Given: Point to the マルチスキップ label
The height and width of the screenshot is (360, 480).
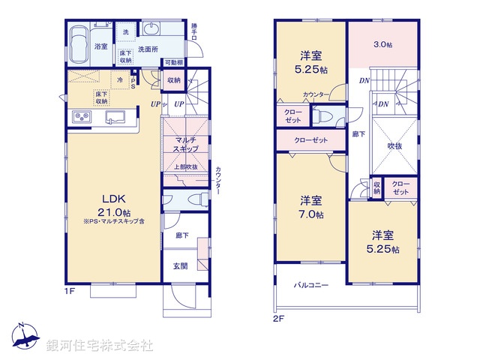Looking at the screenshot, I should click(185, 145).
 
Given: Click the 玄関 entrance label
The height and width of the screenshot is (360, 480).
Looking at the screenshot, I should click(181, 265).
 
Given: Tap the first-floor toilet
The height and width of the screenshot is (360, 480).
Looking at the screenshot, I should click(196, 199).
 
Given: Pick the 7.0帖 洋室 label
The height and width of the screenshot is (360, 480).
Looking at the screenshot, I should click(311, 207).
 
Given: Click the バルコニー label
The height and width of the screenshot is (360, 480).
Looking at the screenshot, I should click(310, 285).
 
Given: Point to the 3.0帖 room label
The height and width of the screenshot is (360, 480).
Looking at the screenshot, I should click(383, 44).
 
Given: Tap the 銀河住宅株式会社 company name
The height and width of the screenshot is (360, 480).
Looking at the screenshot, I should click(100, 346).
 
